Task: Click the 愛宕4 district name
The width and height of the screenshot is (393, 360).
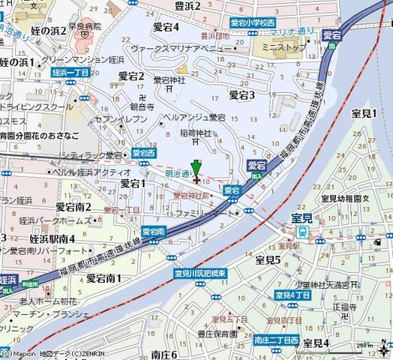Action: coord(165,26)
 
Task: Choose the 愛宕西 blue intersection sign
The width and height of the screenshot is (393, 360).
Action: coord(142,152)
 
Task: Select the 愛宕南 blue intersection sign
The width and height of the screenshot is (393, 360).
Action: coord(154,232)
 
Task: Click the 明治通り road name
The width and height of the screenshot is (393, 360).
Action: coord(178,172)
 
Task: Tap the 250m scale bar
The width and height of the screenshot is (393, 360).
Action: coord(367,346)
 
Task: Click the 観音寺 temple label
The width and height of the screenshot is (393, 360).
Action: coord(140,106)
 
